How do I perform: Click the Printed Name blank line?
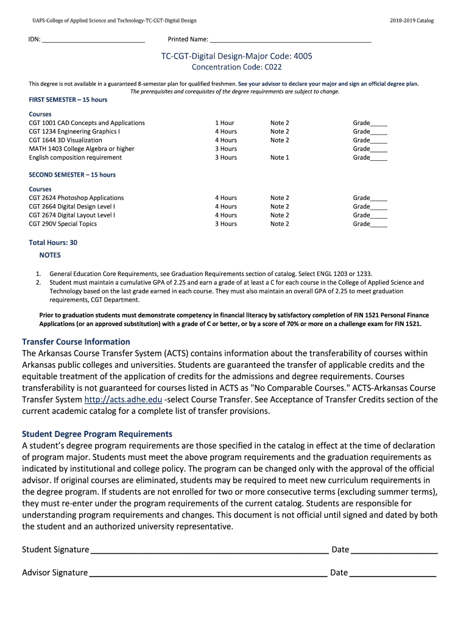290,40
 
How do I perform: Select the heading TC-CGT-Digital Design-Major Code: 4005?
236,56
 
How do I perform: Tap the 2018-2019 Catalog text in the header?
412,21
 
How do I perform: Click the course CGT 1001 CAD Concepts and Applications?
87,123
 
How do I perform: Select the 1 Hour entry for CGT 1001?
225,123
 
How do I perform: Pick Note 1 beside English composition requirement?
280,158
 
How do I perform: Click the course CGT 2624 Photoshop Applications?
76,198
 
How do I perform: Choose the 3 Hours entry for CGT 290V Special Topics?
225,224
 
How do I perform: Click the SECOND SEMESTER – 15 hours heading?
72,175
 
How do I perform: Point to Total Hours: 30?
53,243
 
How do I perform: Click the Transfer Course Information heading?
76,342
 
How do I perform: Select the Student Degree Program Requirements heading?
97,434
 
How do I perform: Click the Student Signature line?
209,550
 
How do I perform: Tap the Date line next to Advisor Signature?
393,573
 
